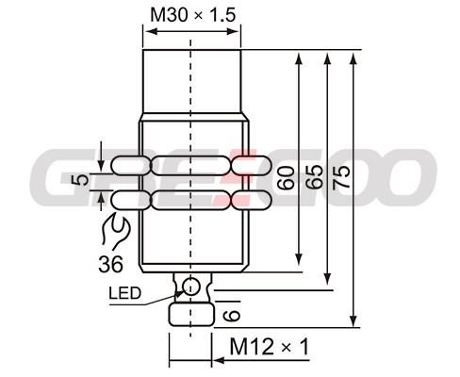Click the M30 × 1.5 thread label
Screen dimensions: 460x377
193,15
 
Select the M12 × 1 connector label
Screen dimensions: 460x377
270,347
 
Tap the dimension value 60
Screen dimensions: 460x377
286,178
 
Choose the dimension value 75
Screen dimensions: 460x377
341,178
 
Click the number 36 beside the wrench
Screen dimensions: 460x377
110,264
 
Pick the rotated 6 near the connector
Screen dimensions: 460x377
232,316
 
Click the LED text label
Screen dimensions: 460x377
124,293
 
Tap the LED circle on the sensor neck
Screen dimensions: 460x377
191,287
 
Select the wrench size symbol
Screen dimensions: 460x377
115,230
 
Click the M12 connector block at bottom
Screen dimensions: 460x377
191,314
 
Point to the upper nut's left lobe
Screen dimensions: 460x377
130,166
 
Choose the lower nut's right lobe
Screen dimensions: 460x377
252,200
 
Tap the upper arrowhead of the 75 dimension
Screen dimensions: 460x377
353,58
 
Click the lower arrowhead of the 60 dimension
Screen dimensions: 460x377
299,259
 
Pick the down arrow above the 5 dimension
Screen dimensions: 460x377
101,164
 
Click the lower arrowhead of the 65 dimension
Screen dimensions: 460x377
327,278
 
